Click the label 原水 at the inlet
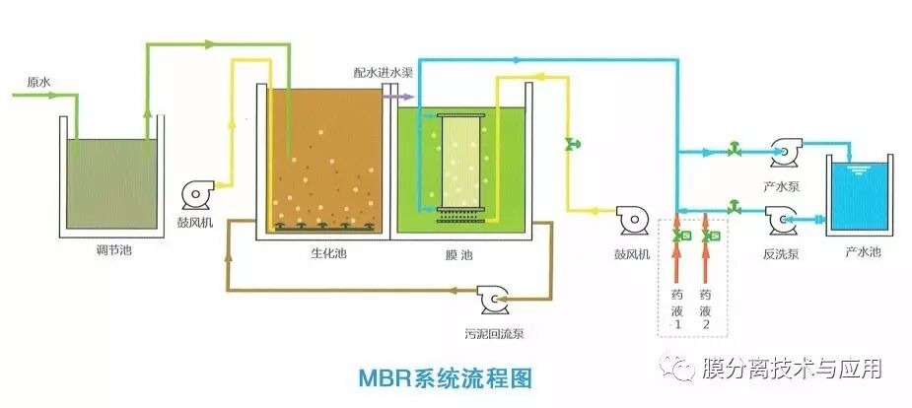click(x=37, y=82)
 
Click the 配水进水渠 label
click(x=385, y=74)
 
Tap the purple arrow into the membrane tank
click(x=398, y=97)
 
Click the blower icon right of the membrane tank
click(x=631, y=219)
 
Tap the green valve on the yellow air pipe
click(x=570, y=145)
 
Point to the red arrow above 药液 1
click(x=676, y=261)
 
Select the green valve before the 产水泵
click(x=734, y=151)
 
